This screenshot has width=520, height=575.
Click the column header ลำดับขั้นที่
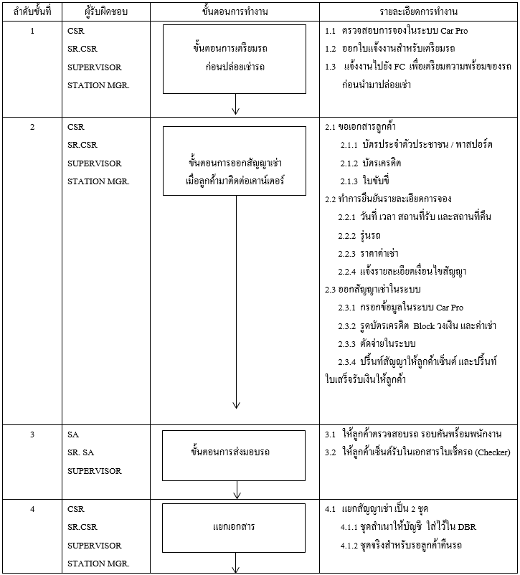32,12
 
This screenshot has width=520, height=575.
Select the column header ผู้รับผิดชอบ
97,12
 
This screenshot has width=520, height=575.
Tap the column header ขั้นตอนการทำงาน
235,12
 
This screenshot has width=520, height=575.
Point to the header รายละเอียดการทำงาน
419,12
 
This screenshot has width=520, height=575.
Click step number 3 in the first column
32,434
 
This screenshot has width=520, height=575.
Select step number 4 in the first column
32,509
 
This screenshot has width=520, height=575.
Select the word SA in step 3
73,434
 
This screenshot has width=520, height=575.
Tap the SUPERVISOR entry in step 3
94,471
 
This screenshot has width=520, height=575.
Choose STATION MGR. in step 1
98,85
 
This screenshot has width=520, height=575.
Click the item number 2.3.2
348,325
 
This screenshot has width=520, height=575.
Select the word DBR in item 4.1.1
465,527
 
